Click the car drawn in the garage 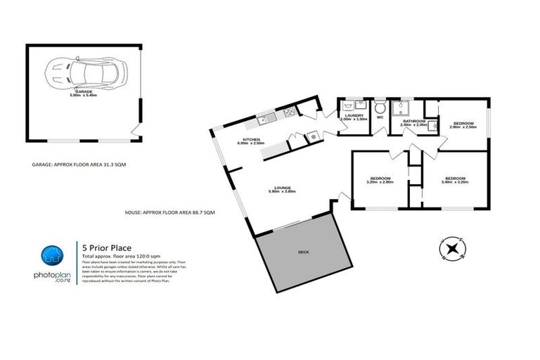point(84,71)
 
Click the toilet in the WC point(380,108)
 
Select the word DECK point(304,252)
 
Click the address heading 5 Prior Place point(105,247)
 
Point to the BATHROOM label point(413,122)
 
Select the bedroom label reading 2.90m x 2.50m point(464,124)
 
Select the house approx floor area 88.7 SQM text point(169,212)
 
